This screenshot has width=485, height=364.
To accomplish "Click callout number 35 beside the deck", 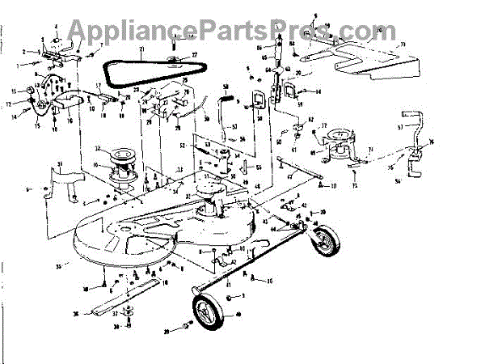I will [57, 264].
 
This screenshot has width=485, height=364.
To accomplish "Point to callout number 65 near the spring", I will [261, 48].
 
